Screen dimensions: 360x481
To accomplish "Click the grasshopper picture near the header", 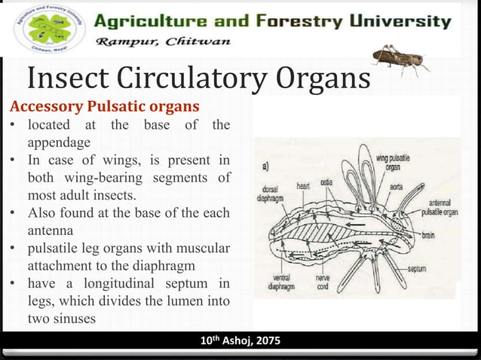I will [400, 58].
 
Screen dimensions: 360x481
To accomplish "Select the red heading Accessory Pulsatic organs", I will [104, 105].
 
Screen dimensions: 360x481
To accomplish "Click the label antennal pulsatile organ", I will [440, 207].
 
